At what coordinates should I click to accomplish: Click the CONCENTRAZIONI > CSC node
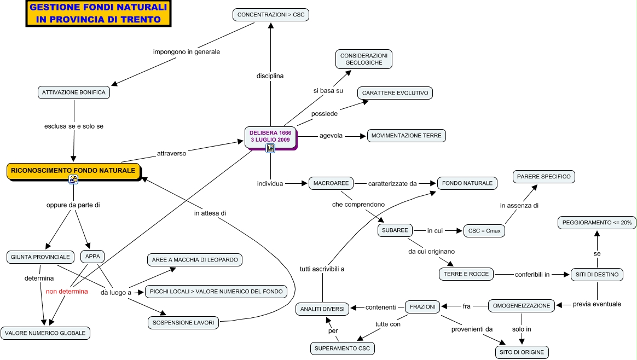coord(271,15)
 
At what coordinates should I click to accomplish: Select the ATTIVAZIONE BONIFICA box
coord(74,92)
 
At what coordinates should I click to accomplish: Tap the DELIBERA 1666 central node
coord(270,136)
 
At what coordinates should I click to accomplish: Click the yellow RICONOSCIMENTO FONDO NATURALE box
coord(73,171)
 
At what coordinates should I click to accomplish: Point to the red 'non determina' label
coord(67,292)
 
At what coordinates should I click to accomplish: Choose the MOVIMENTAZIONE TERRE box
coord(406,136)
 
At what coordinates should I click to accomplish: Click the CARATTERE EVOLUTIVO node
coord(395,93)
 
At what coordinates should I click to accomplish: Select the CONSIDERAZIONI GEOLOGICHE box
coord(363,59)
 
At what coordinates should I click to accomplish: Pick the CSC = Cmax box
coord(484,231)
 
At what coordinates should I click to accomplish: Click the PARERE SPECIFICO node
coord(543,177)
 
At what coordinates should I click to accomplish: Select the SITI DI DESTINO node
coord(597,274)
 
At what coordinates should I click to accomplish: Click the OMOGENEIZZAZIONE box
coord(522,306)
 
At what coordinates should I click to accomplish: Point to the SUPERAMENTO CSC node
coord(344,348)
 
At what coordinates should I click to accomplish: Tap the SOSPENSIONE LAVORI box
coord(183,322)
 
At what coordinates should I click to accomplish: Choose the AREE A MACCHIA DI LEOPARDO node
coord(195,260)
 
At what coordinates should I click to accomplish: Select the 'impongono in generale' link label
coord(186,52)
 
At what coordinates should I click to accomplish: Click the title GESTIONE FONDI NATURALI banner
coord(99,14)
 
